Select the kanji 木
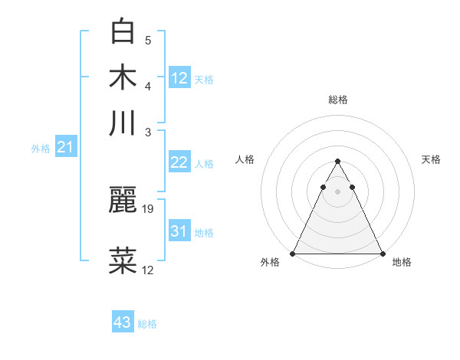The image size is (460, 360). coord(124,77)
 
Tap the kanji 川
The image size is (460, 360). coord(124,123)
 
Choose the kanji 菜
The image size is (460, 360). coord(124,261)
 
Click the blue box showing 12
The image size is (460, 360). coord(179,77)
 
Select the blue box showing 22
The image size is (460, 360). coord(179,162)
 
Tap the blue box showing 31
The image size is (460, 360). coord(179,231)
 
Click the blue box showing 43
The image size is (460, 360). coord(123,322)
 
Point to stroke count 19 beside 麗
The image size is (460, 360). coord(149,208)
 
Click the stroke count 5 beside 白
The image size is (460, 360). coord(148,40)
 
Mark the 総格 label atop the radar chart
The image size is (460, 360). coord(338,100)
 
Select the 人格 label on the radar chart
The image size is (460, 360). coord(245,159)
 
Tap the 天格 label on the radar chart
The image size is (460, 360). coord(431,159)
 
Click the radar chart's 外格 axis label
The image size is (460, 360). coord(270,263)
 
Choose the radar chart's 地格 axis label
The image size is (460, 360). coord(402,263)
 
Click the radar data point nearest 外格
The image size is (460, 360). coord(293,253)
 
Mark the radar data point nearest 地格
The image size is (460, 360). coord(382,253)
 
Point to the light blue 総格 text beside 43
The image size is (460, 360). coord(147,324)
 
